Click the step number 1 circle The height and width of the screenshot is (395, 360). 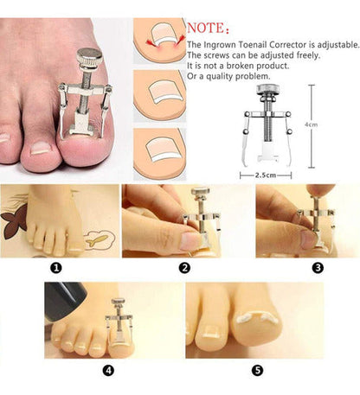click(56, 268)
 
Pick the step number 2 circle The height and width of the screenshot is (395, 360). click(184, 268)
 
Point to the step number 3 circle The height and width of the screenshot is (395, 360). click(318, 268)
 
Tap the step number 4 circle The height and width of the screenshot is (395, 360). click(108, 371)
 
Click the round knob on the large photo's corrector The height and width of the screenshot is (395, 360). click(89, 56)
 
